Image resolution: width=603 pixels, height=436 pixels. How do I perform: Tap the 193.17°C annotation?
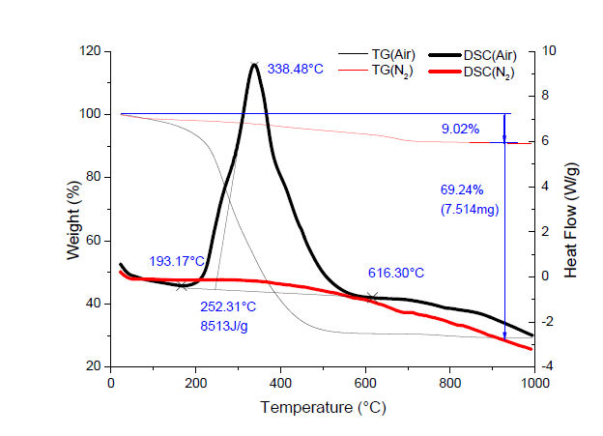pyautogui.click(x=177, y=262)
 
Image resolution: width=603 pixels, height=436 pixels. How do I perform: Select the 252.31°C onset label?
pyautogui.click(x=228, y=307)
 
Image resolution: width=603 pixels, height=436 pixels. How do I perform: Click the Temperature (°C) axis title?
pyautogui.click(x=322, y=408)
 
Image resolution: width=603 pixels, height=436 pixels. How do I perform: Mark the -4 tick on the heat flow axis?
pyautogui.click(x=548, y=366)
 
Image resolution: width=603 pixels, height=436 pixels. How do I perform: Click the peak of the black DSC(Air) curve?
pyautogui.click(x=254, y=65)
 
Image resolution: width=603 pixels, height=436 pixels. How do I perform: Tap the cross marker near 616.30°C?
pyautogui.click(x=372, y=297)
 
